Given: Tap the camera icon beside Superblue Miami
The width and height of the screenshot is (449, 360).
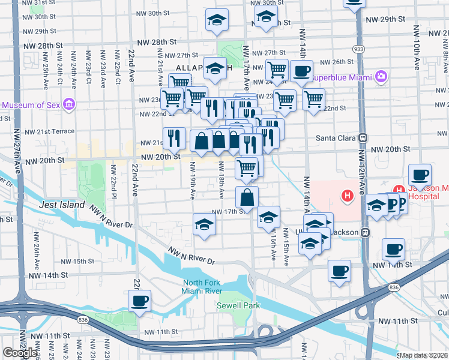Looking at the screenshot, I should point(381,77).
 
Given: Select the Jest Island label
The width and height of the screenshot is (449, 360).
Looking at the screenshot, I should point(62,205).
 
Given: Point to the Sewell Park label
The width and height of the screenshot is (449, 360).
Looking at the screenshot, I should point(238,305).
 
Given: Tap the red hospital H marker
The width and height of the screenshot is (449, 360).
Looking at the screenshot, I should point(346,195).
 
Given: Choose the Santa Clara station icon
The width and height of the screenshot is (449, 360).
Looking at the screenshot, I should point(363,137).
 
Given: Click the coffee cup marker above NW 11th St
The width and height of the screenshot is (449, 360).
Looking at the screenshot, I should point(139,301).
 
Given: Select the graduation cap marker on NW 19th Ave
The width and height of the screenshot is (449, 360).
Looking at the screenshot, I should point(204,225).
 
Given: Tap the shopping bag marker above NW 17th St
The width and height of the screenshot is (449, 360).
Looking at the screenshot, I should point(247,196).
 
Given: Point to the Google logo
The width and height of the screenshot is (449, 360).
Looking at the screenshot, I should point(20,353).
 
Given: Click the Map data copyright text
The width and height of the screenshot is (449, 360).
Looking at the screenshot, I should point(424,355).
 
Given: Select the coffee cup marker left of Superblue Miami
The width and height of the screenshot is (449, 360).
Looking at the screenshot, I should point(301,71).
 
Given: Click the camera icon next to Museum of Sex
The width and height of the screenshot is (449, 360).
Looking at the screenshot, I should point(69,105).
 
